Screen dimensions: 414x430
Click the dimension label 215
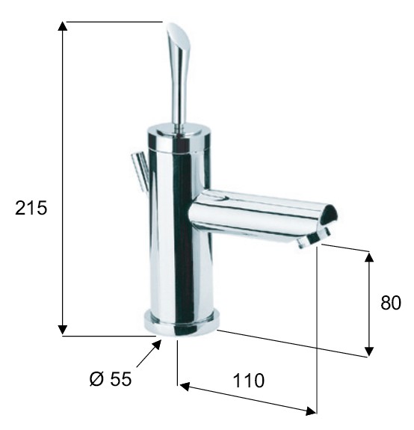31,208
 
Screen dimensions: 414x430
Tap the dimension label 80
390,302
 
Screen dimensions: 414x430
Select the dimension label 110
249,381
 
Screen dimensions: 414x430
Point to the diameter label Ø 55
111,379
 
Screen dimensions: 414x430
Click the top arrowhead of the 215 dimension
63,26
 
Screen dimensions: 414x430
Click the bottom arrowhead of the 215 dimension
63,330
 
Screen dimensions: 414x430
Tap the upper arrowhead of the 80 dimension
370,257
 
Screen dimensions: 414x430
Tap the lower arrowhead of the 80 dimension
370,351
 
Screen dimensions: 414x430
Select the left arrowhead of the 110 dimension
185,387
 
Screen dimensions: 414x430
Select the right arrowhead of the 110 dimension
310,411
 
